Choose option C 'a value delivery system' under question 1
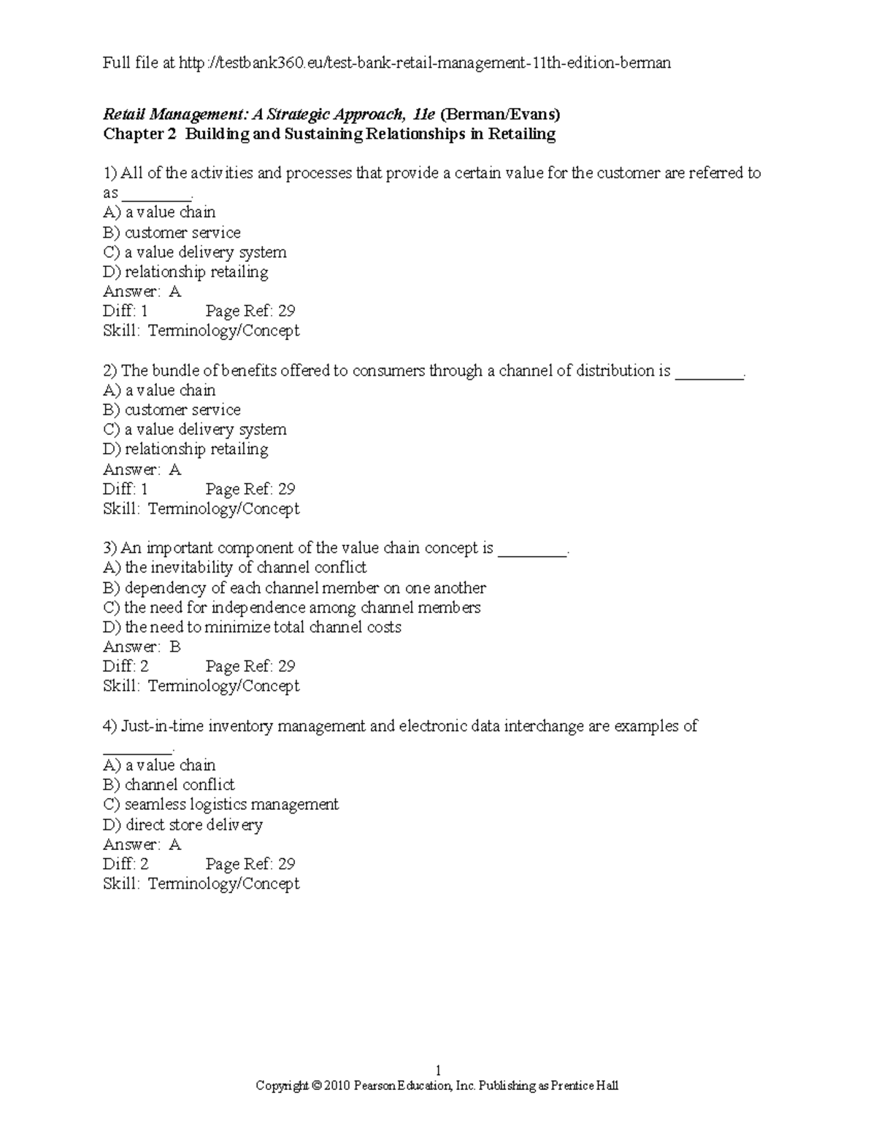tap(195, 252)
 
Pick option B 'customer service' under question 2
tap(172, 410)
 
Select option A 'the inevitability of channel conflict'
tap(235, 568)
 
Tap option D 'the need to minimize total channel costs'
tap(253, 627)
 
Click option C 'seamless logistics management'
tap(221, 805)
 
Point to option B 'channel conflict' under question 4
tap(169, 785)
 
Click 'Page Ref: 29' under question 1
tap(250, 312)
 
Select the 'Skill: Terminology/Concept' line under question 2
tap(201, 509)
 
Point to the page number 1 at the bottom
tap(437, 1071)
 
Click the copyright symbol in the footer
tap(316, 1086)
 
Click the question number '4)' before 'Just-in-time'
tap(109, 726)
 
